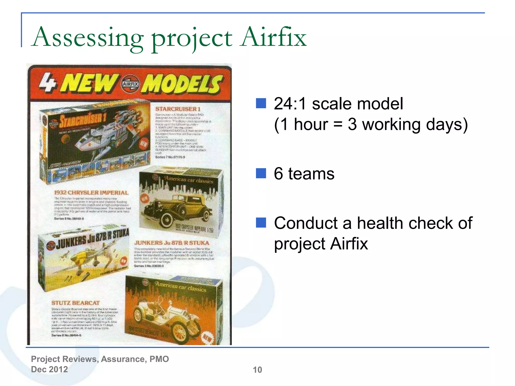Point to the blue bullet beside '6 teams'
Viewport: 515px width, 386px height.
[x=261, y=173]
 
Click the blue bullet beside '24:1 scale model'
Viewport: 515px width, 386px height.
[x=261, y=103]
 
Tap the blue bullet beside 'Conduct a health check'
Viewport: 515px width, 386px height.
[x=261, y=222]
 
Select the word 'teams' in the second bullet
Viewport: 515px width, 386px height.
[x=311, y=174]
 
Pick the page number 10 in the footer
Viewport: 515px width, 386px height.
[x=257, y=370]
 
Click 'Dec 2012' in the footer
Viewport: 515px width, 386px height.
[x=49, y=369]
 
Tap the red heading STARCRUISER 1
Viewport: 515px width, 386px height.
[x=178, y=109]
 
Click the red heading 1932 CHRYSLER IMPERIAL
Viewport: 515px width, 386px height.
[x=91, y=192]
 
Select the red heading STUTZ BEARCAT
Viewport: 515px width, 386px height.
[x=75, y=303]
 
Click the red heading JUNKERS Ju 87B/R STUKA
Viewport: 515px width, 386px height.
[x=171, y=243]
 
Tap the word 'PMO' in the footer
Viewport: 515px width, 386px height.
[x=159, y=359]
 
